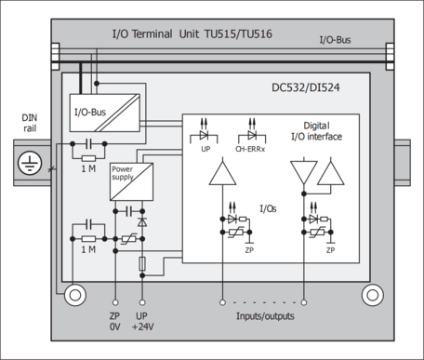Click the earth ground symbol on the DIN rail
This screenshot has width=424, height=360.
[30, 163]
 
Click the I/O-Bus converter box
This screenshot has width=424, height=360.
[105, 113]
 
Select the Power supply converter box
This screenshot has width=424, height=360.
[131, 181]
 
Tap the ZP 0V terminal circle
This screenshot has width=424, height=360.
[115, 302]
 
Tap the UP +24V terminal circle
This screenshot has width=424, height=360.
[142, 302]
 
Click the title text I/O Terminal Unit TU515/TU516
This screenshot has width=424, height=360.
[192, 33]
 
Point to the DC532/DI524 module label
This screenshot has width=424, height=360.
[306, 87]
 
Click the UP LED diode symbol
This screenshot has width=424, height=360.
[204, 135]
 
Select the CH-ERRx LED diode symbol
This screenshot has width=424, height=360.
[252, 135]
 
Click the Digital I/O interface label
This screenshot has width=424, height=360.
[316, 131]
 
